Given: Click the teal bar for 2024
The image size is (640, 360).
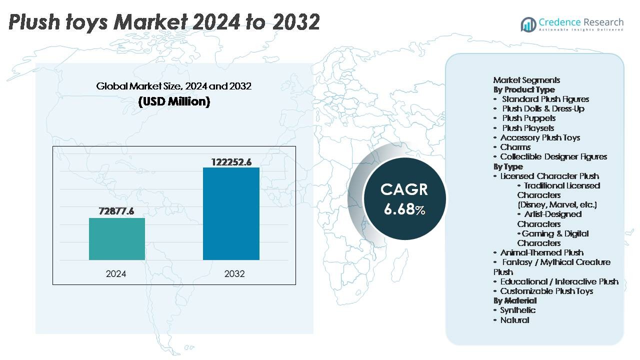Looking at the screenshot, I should (x=117, y=239).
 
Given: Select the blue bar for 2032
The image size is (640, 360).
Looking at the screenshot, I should (x=231, y=213).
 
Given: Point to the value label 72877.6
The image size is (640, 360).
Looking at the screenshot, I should (x=117, y=211).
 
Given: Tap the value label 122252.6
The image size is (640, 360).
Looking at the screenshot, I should (x=231, y=161).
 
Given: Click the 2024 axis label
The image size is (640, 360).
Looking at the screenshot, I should (x=116, y=274).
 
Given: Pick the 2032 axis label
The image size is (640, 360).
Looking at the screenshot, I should (x=234, y=274).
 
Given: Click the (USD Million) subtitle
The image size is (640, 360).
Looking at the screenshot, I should (x=173, y=101).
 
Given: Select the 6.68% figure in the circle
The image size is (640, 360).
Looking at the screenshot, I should (x=404, y=209).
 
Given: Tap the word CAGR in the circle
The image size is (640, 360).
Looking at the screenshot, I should (x=404, y=189).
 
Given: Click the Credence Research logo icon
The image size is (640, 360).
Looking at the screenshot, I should (x=528, y=23).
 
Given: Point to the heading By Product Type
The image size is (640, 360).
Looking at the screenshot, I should (x=524, y=89).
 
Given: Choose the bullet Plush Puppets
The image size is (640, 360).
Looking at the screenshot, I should (x=528, y=118).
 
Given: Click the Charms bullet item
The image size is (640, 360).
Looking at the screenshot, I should (x=515, y=147).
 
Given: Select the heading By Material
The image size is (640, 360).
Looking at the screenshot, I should (x=515, y=300).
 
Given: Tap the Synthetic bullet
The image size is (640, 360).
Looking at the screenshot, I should (x=517, y=310).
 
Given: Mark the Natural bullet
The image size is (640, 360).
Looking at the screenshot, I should (x=514, y=320).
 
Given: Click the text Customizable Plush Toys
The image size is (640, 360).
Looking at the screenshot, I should (x=546, y=291).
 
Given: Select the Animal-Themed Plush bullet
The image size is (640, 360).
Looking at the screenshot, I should (x=541, y=252).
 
